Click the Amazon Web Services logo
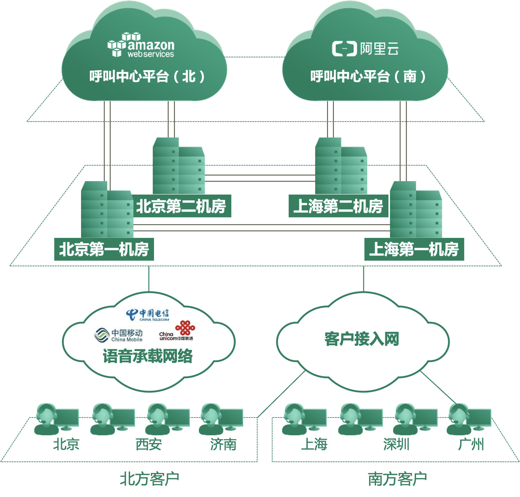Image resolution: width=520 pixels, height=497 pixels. pos(141,46)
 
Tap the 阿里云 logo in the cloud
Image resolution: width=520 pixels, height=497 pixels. pos(365,49)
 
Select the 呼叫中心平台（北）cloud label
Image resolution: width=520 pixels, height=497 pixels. pos(147,76)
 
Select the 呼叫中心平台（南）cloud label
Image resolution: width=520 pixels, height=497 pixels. pos(368,76)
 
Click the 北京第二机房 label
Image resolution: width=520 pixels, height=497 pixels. pos(181,206)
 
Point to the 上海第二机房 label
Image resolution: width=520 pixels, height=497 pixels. pos(338,206)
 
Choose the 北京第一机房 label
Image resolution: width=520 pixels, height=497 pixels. pos(104,249)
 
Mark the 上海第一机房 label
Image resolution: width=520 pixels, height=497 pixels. pos(414,249)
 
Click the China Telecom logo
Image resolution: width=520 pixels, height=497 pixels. pos(148,315)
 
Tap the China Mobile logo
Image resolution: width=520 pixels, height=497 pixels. pos(118,335)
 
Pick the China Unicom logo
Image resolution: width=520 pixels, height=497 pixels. pos(177,331)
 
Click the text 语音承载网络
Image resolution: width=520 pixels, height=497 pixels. pos(148,356)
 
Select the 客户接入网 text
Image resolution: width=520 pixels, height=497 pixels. pos(362,339)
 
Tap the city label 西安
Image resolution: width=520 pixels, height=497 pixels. pos(148,444)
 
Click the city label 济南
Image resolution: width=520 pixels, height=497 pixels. pos(223,444)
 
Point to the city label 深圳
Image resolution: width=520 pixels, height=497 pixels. pos(396,444)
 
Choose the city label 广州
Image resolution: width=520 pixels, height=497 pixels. pos(471,444)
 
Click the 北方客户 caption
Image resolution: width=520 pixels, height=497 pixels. pos(149,479)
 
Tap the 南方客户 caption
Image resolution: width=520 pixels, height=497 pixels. pos(397,479)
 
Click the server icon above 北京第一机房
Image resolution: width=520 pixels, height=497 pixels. pos(107,210)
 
